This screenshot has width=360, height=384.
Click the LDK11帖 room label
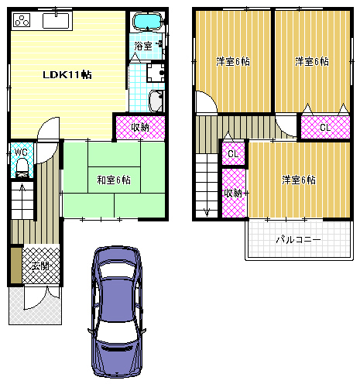pos(67,75)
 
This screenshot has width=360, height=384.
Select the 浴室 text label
pos(143,46)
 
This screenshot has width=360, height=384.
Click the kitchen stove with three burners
pos(22,20)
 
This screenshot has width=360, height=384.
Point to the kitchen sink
pos(56,21)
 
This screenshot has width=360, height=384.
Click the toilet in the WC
pos(22,166)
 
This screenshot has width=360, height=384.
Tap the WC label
pos(21,152)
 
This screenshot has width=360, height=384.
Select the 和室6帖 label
pos(114,180)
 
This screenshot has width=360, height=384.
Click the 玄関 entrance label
pos(40,266)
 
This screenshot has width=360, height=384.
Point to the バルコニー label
pos(298,240)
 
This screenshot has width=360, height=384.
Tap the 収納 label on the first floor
pos(140,127)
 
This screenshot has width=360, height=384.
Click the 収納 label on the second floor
pos(233,193)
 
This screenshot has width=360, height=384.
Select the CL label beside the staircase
pos(233,154)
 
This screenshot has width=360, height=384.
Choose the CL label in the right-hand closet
pos(325,127)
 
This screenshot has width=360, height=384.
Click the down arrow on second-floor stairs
pos(207,212)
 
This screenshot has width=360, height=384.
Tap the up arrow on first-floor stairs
pos(22,188)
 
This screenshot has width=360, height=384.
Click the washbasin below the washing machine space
pos(156,101)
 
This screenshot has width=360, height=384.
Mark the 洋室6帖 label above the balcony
pos(299,180)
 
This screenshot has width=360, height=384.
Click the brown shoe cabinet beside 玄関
pos(16,265)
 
